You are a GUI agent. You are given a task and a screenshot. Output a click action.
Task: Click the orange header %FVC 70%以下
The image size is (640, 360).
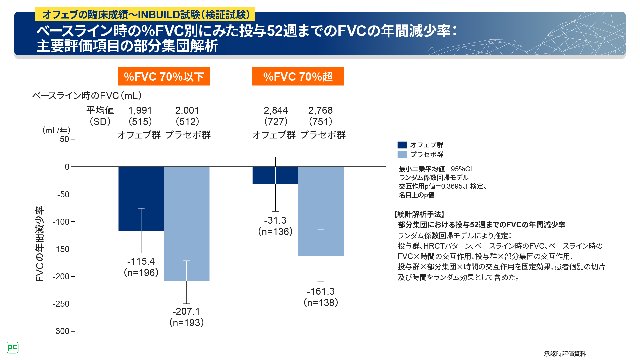(164, 76)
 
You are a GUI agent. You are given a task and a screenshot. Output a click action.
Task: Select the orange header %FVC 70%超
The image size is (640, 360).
(298, 76)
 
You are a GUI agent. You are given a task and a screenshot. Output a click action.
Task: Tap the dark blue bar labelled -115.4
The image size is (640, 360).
(130, 198)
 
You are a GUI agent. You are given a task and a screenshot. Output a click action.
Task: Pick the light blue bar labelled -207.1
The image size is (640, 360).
(198, 223)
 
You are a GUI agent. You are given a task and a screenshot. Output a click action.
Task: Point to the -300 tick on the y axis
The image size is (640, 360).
(61, 331)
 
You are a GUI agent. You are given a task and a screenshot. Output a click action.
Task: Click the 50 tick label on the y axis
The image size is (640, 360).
(64, 139)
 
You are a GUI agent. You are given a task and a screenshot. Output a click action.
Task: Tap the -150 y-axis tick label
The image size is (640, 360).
(61, 249)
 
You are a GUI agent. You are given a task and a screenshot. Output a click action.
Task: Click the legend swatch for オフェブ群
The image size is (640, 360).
(402, 145)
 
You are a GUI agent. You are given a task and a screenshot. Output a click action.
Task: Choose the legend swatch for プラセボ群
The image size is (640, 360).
(402, 154)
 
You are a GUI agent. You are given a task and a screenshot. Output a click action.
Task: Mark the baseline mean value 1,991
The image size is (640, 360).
(140, 110)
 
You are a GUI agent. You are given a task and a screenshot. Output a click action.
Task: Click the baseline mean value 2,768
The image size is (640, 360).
(320, 110)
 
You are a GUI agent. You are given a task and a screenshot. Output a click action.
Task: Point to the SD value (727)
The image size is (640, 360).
(276, 122)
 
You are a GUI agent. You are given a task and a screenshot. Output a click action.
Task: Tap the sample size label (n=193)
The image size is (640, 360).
(186, 323)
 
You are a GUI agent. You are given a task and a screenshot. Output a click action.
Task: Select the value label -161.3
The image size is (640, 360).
(321, 291)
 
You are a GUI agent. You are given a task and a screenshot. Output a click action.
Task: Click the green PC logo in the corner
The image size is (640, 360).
(13, 348)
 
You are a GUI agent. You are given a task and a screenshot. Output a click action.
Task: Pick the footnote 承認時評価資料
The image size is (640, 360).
(565, 354)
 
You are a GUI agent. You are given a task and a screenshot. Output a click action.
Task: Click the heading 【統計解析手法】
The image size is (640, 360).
(419, 214)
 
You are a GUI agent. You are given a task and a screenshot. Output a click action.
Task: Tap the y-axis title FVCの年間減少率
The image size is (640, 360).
(40, 244)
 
